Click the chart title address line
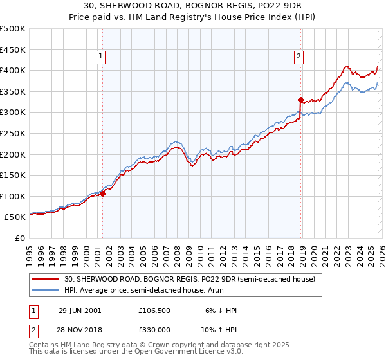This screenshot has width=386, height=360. coord(192,5)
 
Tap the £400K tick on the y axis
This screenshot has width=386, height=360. coord(13,70)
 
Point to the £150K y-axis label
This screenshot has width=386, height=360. coord(13,175)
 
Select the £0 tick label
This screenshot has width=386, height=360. coord(21,238)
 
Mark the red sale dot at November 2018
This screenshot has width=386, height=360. coord(300,100)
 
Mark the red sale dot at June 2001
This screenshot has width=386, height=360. coord(103,194)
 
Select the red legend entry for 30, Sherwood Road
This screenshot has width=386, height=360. coord(189,280)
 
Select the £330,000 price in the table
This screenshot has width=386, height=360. coord(154,329)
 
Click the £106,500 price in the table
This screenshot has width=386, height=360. coord(154,310)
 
